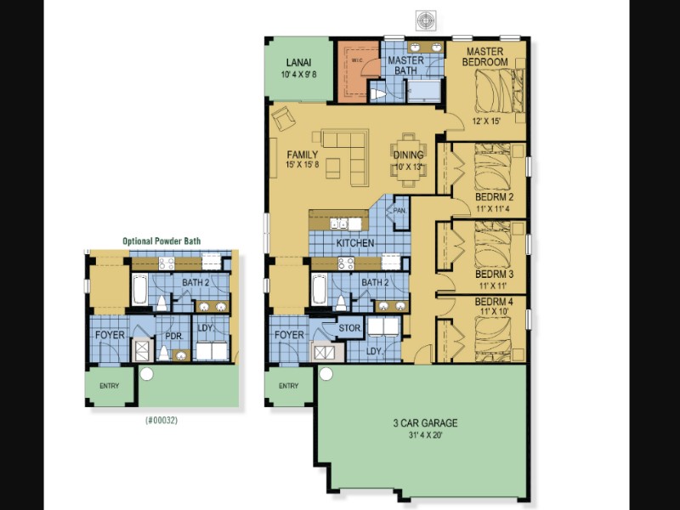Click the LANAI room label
298,63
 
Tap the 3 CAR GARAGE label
425,422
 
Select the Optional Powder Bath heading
161,241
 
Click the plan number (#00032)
161,420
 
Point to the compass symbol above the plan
426,20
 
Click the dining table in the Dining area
408,160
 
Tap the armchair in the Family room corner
284,118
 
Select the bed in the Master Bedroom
500,91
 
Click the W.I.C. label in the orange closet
357,59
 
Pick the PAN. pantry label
399,211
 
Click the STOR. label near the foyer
349,328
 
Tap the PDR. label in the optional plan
174,336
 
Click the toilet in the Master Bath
378,94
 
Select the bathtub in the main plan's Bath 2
320,289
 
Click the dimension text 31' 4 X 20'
425,435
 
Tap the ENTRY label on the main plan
288,386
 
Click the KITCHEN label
355,243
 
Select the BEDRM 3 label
494,274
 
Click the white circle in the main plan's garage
326,374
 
